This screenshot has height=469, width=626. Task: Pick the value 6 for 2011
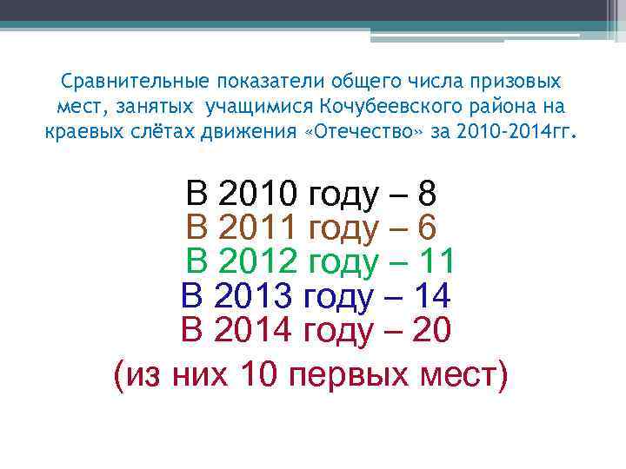[426, 228]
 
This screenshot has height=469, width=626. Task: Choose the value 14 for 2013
[431, 297]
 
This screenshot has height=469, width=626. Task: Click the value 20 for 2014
[431, 330]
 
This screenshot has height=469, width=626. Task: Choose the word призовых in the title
[511, 82]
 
